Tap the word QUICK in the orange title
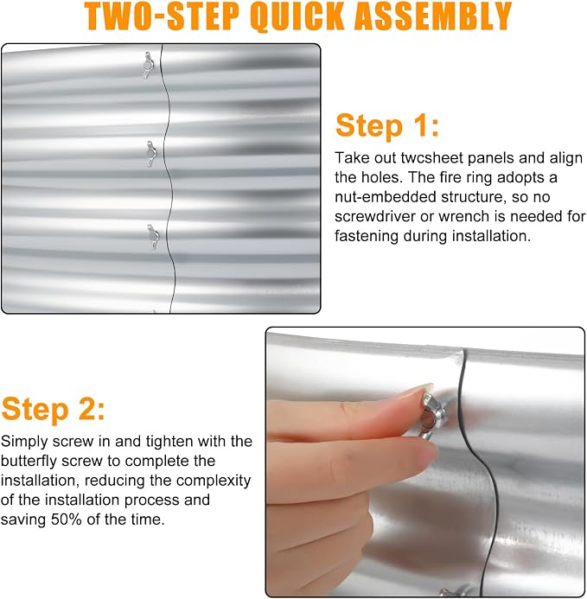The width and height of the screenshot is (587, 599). (298, 16)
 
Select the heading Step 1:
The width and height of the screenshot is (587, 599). (387, 125)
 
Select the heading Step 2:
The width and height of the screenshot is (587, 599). (53, 409)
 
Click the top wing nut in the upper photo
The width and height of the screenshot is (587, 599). (149, 66)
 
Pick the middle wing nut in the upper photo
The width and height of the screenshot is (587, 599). (151, 154)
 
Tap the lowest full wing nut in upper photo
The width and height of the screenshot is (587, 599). (153, 237)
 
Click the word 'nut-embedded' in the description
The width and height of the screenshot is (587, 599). (386, 197)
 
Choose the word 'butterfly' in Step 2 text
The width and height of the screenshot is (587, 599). (29, 461)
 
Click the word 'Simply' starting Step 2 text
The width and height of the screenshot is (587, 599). (24, 442)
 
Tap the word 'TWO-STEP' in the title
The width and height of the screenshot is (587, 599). (163, 16)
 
